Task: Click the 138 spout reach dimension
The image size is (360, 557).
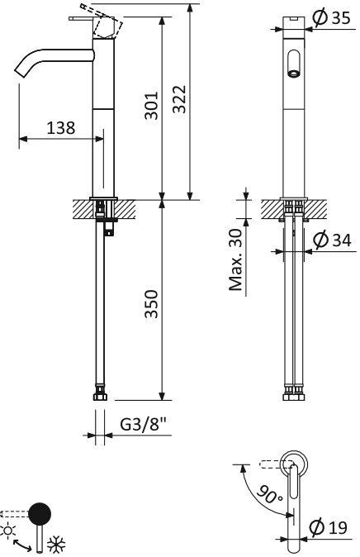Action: pyautogui.click(x=61, y=128)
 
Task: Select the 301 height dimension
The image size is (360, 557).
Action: pyautogui.click(x=152, y=106)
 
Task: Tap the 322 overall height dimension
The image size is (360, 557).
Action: pyautogui.click(x=181, y=98)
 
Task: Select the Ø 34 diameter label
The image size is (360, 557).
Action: pyautogui.click(x=333, y=240)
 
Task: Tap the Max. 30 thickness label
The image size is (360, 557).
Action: pyautogui.click(x=236, y=260)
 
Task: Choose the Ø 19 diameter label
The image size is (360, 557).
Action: pyautogui.click(x=333, y=526)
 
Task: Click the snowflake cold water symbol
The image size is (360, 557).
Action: pyautogui.click(x=56, y=545)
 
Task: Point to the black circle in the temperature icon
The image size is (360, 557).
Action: pyautogui.click(x=38, y=514)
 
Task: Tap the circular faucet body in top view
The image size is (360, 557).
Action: pyautogui.click(x=293, y=464)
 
